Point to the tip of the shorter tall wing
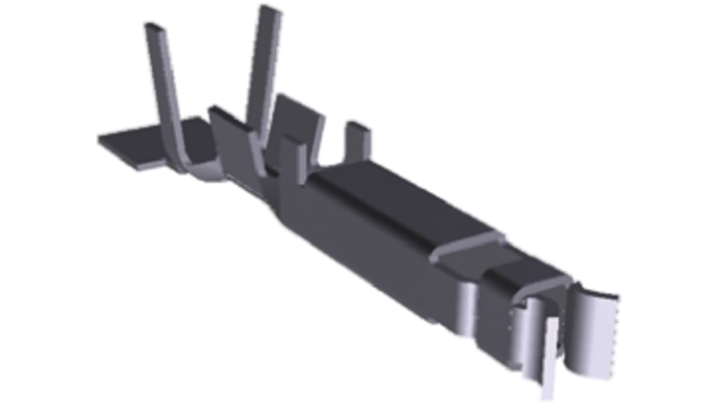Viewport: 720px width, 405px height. [x=152, y=26]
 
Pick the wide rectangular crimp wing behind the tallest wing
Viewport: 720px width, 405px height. [x=299, y=119]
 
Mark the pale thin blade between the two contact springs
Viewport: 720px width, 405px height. [x=550, y=360]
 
